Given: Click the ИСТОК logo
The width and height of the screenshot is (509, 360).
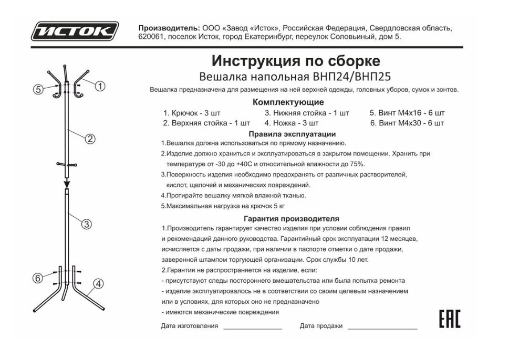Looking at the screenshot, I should (75, 31).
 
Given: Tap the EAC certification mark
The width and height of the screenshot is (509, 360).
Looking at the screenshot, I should (450, 319).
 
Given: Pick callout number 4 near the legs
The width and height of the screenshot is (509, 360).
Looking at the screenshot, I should (98, 284).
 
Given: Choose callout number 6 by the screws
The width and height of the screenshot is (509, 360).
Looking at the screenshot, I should (37, 278).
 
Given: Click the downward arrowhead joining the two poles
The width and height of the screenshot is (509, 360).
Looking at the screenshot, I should (67, 183).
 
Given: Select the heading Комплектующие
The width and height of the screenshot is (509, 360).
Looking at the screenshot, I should (288, 102).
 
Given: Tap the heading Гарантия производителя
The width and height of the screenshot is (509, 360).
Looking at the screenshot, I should (292, 218).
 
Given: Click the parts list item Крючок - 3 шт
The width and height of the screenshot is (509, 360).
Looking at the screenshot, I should (192, 113).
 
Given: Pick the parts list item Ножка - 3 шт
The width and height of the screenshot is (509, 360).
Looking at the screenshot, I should (292, 123).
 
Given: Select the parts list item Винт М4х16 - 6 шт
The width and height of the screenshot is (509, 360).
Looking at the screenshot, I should (407, 113).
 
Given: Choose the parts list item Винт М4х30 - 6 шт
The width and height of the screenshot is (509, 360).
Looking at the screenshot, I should (407, 123).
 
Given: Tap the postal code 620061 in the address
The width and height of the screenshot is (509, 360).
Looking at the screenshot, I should (152, 37).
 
